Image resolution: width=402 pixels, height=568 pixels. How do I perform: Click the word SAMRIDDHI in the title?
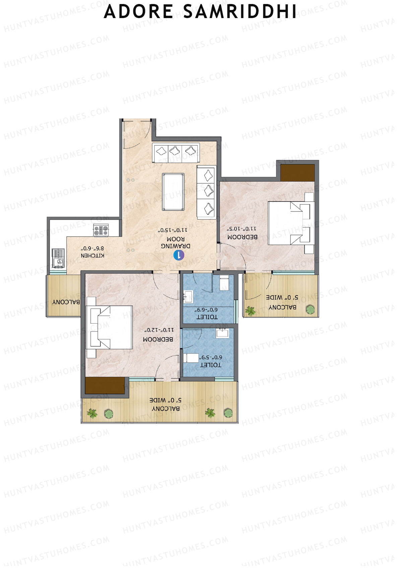pyautogui.click(x=240, y=12)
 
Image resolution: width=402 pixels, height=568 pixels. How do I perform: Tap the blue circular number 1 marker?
pyautogui.click(x=179, y=255)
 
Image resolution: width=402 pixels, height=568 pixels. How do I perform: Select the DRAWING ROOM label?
pyautogui.click(x=176, y=242)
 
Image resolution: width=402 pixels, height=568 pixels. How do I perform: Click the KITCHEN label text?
pyautogui.click(x=92, y=255)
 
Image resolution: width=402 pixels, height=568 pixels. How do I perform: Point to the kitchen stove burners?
pyautogui.click(x=101, y=231)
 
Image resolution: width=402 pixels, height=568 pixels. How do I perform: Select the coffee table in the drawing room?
pyautogui.click(x=173, y=191)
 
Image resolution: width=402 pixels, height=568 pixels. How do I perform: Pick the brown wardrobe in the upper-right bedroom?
pyautogui.click(x=297, y=173)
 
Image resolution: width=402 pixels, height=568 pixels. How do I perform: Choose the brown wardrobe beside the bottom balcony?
pyautogui.click(x=105, y=386)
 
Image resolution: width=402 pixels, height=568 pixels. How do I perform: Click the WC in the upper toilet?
pyautogui.click(x=224, y=283)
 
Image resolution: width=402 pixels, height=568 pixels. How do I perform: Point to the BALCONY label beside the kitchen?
pyautogui.click(x=66, y=302)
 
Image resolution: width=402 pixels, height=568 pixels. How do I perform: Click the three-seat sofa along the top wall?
pyautogui.click(x=176, y=153)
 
